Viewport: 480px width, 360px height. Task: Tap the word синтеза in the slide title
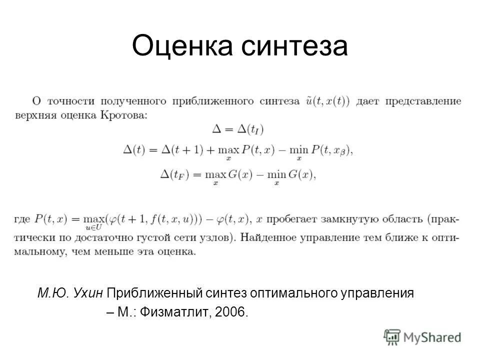(295, 46)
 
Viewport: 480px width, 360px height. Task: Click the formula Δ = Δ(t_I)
(238, 129)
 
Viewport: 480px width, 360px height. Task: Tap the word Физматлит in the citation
(172, 312)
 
